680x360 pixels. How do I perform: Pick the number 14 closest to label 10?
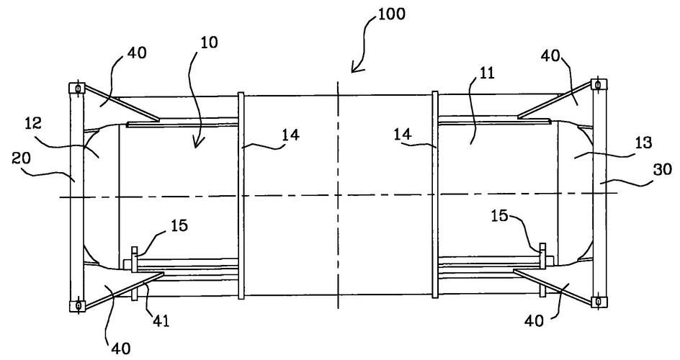[x=271, y=135]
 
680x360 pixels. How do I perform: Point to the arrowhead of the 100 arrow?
[x=352, y=71]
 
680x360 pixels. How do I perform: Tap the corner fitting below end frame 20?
[x=74, y=305]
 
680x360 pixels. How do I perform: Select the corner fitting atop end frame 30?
[x=596, y=85]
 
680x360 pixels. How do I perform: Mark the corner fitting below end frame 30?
[x=596, y=300]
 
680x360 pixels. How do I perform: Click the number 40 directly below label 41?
[x=120, y=348]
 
